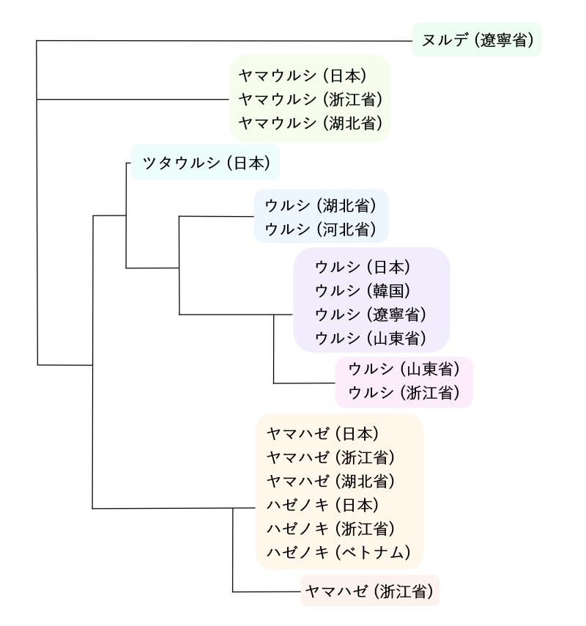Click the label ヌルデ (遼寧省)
pyautogui.click(x=477, y=40)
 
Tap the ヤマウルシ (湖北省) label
pyautogui.click(x=311, y=122)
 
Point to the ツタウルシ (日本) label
pyautogui.click(x=207, y=163)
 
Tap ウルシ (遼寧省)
pyautogui.click(x=371, y=314)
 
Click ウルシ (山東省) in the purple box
pyautogui.click(x=371, y=338)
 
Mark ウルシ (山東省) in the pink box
pyautogui.click(x=404, y=368)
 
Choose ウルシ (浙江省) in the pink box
pyautogui.click(x=404, y=392)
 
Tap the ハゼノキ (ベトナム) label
pyautogui.click(x=337, y=552)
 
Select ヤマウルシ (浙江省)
pyautogui.click(x=311, y=98)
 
